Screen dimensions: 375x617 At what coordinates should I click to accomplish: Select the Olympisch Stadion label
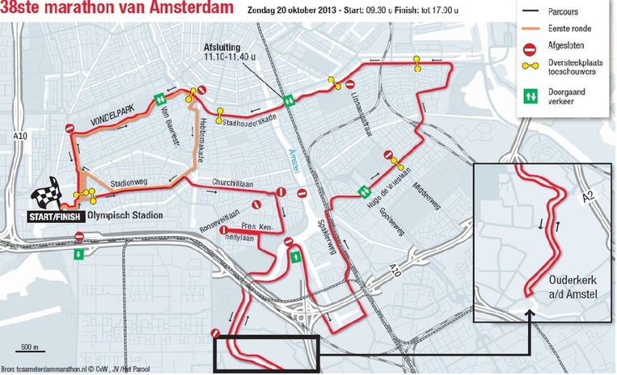(x=125, y=216)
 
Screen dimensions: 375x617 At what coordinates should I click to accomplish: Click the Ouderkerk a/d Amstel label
(x=573, y=288)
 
